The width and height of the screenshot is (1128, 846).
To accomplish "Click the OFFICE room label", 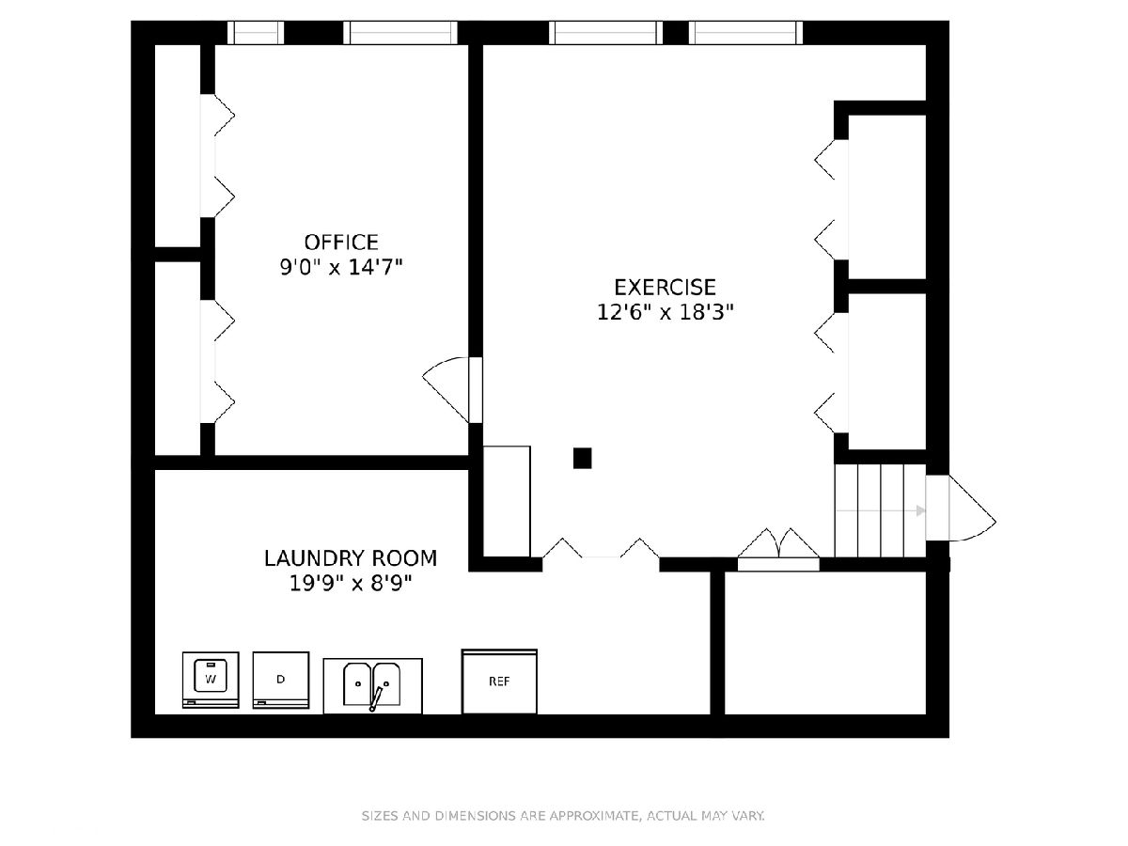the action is click(x=341, y=242).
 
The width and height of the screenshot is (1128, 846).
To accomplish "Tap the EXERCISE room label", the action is click(x=665, y=287).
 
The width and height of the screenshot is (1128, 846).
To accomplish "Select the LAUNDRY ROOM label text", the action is click(x=351, y=558).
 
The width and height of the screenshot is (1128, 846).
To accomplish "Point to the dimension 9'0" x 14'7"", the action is click(x=341, y=267).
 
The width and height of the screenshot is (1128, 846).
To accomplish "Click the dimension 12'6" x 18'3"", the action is click(x=665, y=312).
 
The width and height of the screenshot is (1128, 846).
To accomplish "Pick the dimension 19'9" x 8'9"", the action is click(x=351, y=584).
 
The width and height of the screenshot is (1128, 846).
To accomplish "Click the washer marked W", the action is click(x=211, y=680).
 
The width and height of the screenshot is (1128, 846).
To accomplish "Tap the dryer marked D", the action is click(x=281, y=680).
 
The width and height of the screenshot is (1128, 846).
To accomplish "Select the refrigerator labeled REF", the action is click(x=499, y=681).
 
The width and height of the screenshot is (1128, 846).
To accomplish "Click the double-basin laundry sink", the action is click(x=372, y=686).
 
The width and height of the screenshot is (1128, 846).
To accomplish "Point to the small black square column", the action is click(x=582, y=458).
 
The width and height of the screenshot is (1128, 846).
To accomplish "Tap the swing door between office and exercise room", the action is click(x=452, y=390).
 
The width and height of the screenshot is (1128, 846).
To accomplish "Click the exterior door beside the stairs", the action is click(x=961, y=508).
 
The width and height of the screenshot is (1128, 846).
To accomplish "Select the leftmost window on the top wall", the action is click(x=256, y=33).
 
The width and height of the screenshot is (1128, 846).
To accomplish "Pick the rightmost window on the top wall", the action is click(x=745, y=33).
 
